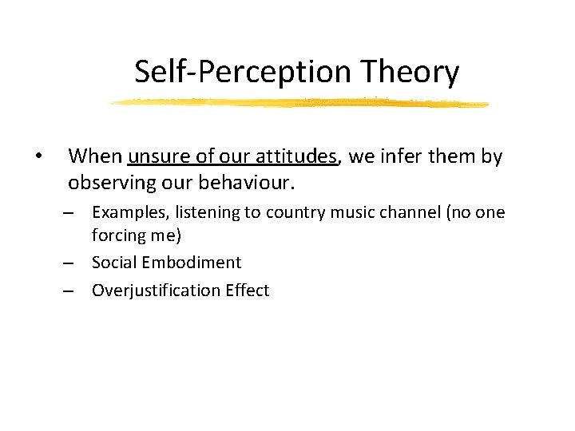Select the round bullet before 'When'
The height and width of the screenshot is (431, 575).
(38, 156)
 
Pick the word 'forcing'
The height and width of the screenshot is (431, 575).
(117, 235)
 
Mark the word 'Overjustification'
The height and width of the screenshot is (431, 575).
(153, 291)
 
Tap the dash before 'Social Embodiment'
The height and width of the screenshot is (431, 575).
(70, 263)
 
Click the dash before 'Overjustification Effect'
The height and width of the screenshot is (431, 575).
(70, 291)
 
